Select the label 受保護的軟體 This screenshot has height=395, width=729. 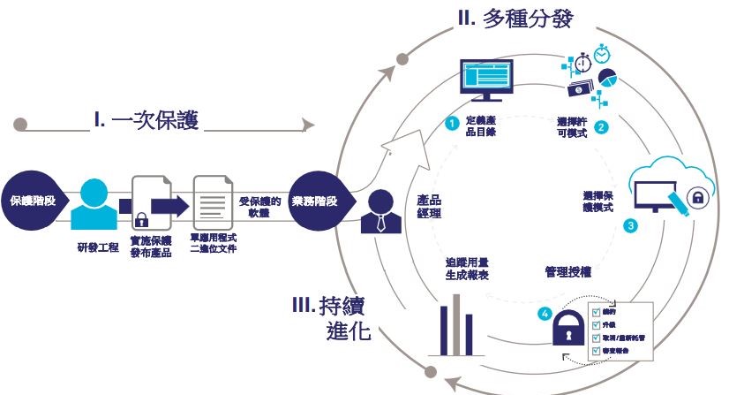click(259, 207)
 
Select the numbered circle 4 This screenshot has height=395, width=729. click(545, 313)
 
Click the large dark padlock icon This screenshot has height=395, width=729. click(568, 331)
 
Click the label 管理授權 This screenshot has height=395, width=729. click(567, 274)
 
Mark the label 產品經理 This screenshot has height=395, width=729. click(429, 207)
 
